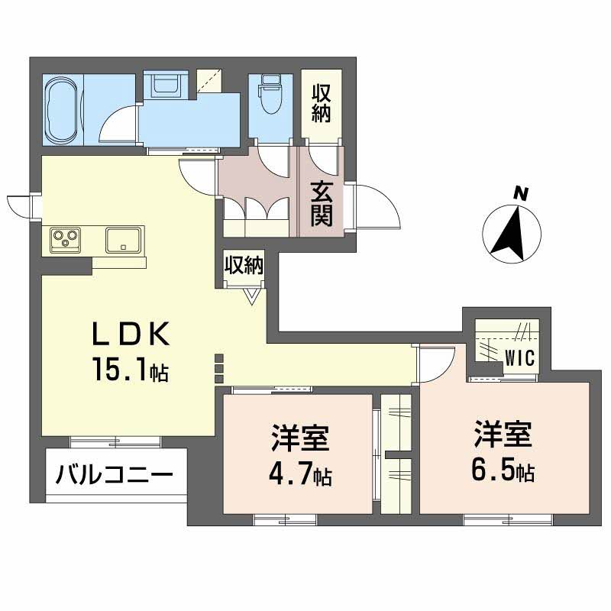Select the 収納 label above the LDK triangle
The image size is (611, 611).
244,265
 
